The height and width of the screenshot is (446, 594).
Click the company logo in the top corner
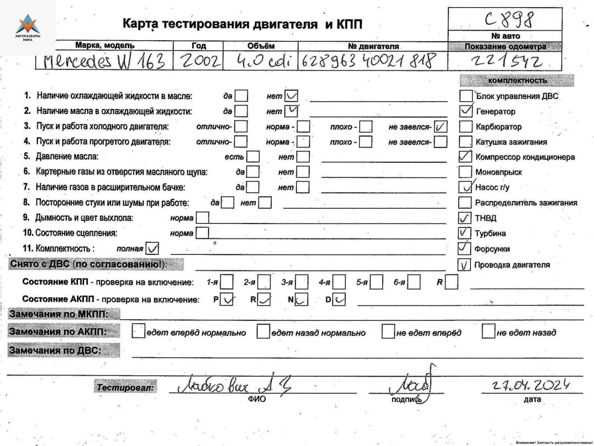coord(27,27)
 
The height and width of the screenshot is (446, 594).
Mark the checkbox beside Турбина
coord(465,233)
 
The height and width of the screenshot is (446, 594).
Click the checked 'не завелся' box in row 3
coord(441,127)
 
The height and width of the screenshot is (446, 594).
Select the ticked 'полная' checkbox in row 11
coord(153,248)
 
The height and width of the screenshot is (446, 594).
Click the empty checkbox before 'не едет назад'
coord(488,332)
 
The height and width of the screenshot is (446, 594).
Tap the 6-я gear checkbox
coord(414,283)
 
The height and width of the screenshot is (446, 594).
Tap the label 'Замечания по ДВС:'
coord(58,350)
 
